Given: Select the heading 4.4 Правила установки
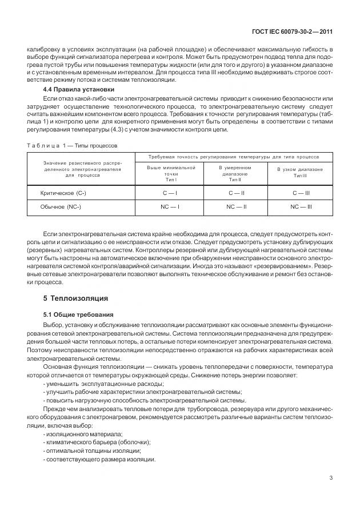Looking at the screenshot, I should (78, 90).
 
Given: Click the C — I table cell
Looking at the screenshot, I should (170, 194).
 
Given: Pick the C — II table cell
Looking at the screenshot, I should (236, 194).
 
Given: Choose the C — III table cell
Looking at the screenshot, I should (302, 194).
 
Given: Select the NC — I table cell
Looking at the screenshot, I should (170, 206).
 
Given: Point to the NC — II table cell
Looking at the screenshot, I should (236, 206).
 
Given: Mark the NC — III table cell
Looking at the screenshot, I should (302, 206).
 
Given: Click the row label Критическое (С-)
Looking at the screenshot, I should (63, 194).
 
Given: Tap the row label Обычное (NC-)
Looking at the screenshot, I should (61, 206).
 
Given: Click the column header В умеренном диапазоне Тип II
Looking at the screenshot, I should (236, 173).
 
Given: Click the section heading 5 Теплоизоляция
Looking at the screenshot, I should (75, 298).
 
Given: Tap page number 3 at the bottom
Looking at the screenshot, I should (331, 478).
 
